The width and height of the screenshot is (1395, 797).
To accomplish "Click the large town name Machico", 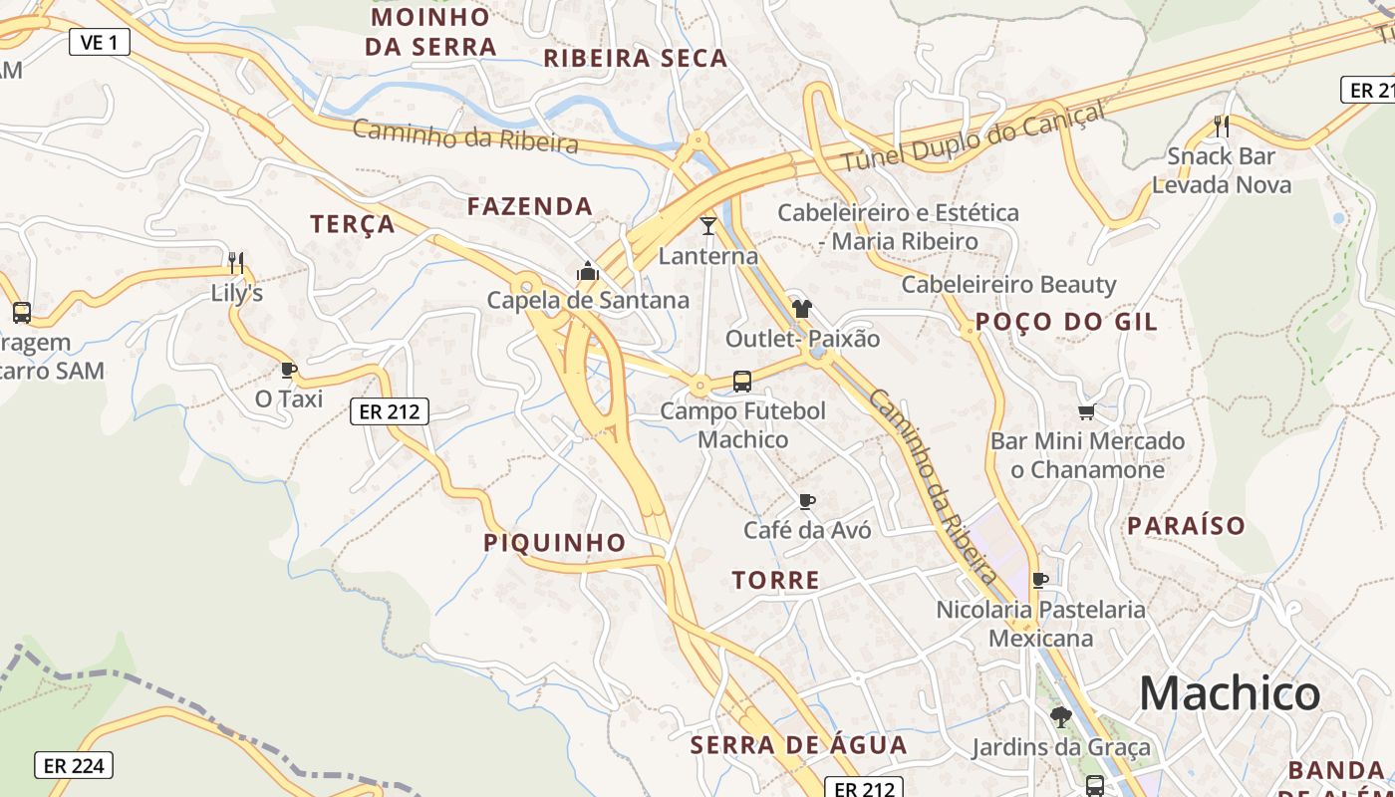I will coord(1230,692).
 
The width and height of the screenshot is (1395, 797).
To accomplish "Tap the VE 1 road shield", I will coord(100,42).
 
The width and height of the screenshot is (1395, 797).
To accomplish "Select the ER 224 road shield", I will coord(74,765).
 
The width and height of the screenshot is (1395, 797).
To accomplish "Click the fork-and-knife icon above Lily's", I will coord(236,263).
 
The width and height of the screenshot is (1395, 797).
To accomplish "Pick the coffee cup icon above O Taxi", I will coord(289,371).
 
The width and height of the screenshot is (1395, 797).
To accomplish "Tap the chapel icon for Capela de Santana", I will coord(588,271).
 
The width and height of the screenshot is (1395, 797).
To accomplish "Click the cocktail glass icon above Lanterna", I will coord(708,226).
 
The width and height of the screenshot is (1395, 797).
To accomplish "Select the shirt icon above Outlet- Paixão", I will coord(802,309).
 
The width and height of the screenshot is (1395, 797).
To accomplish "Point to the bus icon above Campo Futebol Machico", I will coord(742,381).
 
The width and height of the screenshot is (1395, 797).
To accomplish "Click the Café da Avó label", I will coord(807,530).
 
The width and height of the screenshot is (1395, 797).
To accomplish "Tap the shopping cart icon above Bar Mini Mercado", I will coord(1087,411).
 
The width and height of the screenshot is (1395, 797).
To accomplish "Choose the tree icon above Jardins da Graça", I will coord(1061,716).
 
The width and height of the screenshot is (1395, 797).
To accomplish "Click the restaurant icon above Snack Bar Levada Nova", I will coord(1222,127).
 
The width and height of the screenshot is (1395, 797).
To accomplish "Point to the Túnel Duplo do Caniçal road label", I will coord(974,136).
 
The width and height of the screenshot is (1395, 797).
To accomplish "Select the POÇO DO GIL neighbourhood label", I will coord(1066,322).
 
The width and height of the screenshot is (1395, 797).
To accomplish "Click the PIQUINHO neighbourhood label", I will coord(555,543).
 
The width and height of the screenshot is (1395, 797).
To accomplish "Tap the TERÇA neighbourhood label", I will coord(353,224).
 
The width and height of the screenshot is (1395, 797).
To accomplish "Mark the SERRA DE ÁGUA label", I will coord(798,745).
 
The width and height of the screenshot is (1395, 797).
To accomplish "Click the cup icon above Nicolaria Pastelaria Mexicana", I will coord(1040,580).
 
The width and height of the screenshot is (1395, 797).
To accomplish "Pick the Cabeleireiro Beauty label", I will coord(1008,285).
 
